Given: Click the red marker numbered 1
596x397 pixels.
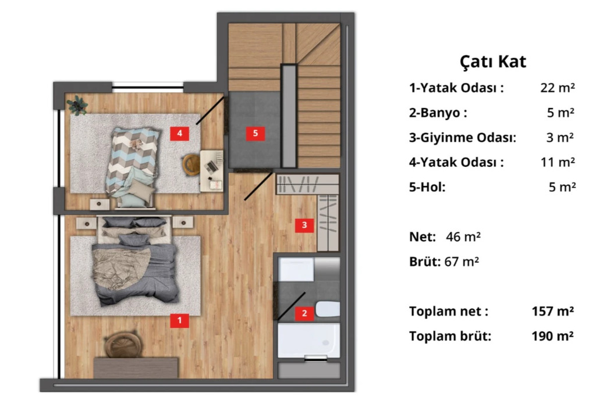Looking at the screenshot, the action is coord(179,321).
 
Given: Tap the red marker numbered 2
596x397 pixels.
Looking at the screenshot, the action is coord(304,313).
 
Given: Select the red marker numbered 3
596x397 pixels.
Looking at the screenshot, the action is coord(304,225).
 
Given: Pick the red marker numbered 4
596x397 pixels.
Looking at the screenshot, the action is coord(179,133).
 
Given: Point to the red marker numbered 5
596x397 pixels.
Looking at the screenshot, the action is coord(255,133).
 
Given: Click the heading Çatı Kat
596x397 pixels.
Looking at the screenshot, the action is coord(493,62).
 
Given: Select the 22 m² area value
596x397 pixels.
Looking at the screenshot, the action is coord(558,88).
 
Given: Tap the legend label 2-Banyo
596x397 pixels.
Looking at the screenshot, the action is coord(438,113).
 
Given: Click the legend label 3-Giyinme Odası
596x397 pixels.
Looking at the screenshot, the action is coord(463,138).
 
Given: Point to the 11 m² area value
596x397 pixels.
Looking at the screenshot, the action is coord(558,162).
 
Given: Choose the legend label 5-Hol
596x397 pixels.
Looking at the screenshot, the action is coord(427,187).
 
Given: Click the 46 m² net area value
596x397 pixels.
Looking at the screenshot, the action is coord(463,237).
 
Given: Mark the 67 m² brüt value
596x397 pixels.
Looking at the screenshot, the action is coord(462,262).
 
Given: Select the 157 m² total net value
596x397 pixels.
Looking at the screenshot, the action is coord(553,312).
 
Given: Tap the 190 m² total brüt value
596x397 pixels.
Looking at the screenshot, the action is coord(553,337).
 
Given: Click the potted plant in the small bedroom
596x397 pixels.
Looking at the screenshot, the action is coord(77,105).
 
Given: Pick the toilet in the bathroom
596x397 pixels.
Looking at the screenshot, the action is coord(327,309).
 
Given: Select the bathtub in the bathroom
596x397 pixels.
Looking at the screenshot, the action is coord(308,341).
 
